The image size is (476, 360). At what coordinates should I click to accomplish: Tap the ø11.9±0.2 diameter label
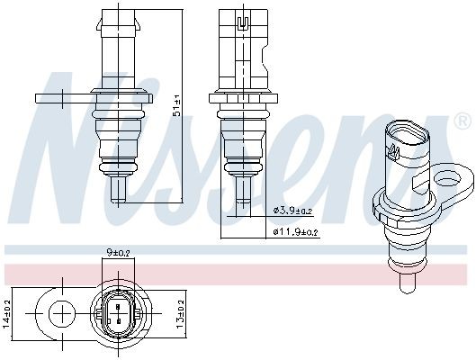click(x=295, y=231)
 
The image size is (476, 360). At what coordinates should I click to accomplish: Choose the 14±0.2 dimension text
click(x=7, y=315)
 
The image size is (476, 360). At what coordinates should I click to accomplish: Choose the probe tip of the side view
click(x=242, y=190)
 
